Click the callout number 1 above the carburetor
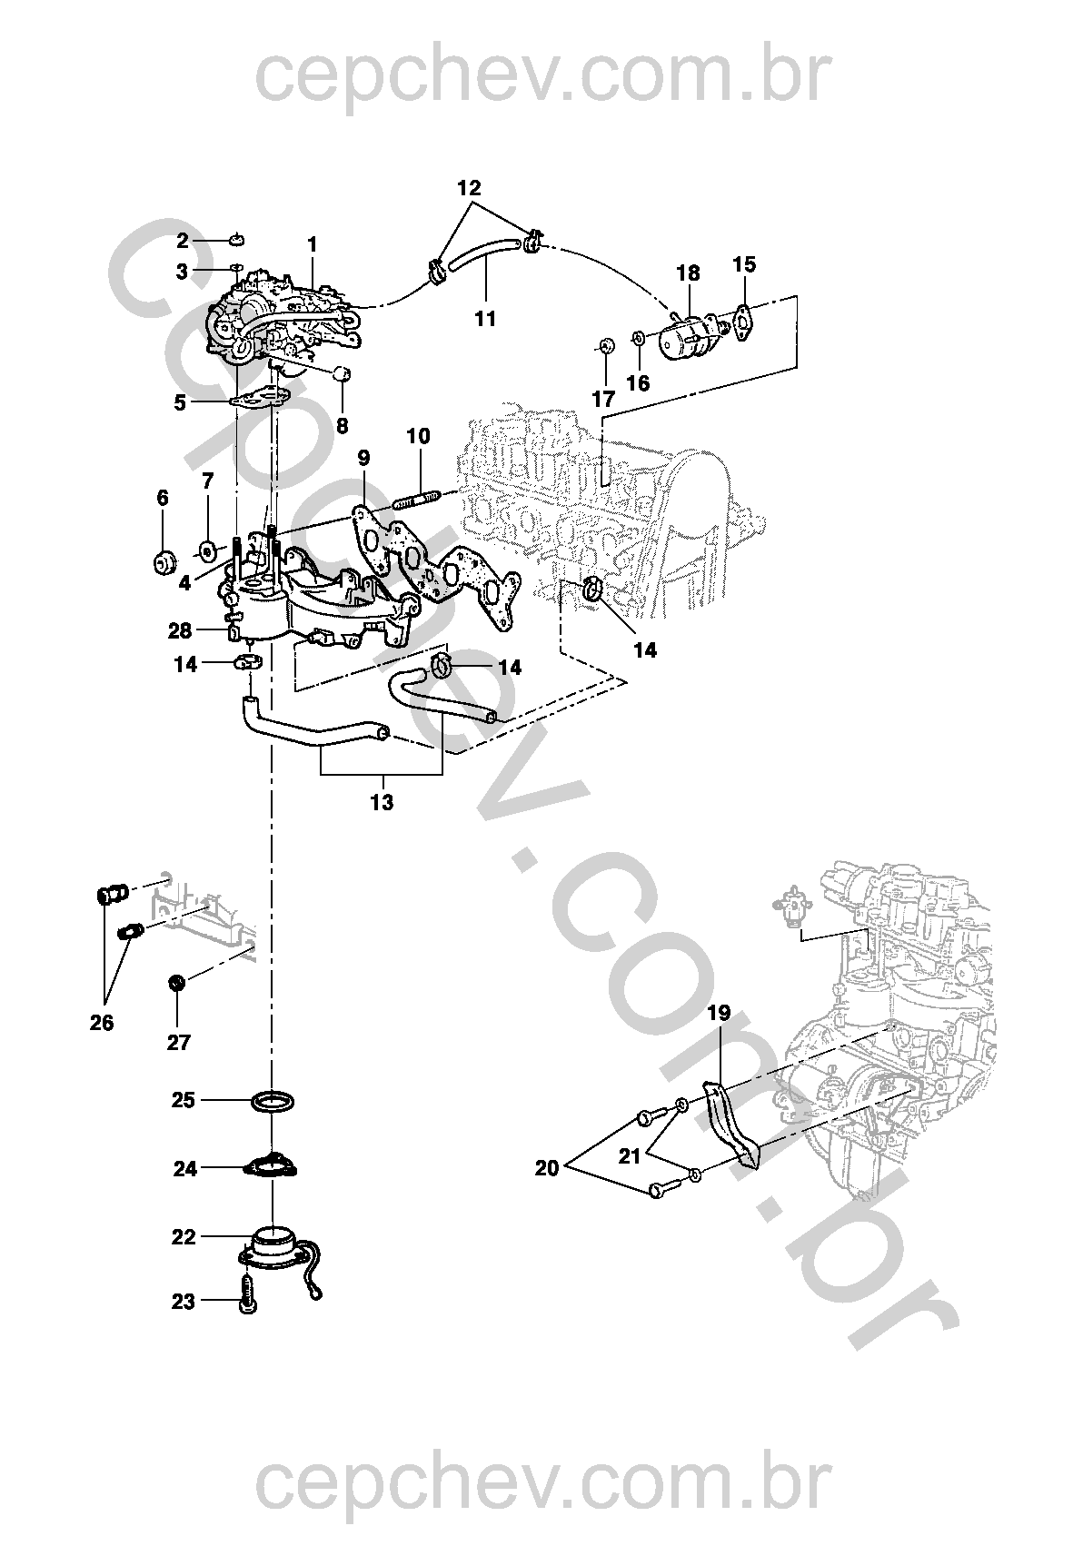(x=313, y=244)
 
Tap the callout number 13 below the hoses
(x=382, y=803)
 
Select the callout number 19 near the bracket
(x=720, y=1013)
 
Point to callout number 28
(x=180, y=630)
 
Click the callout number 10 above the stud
(x=418, y=436)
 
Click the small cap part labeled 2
(x=237, y=240)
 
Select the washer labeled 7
(x=207, y=551)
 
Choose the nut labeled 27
(x=176, y=981)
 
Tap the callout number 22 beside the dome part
(x=184, y=1237)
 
